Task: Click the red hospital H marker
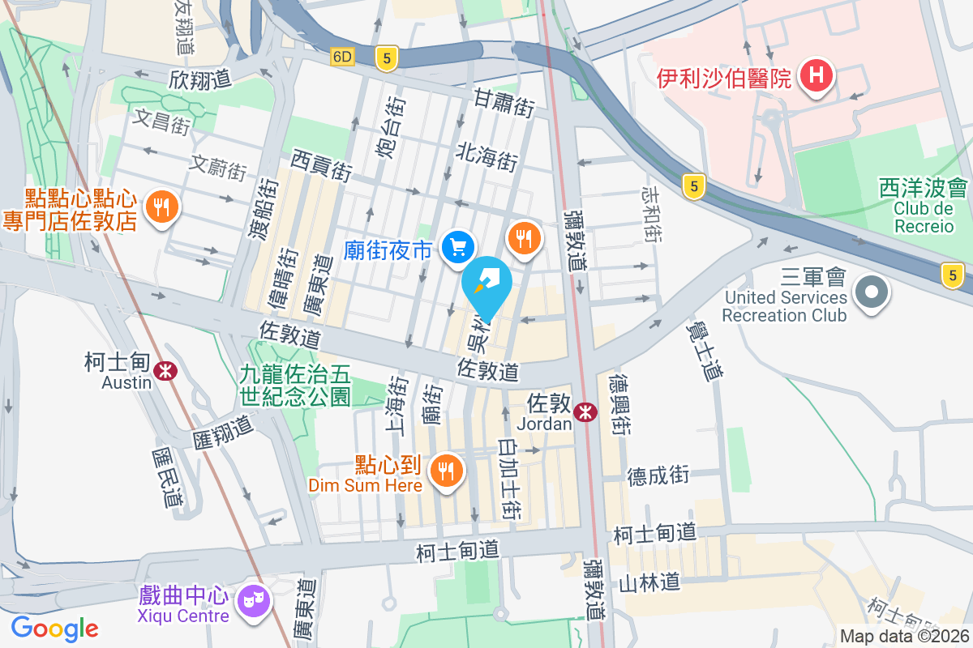click(x=817, y=77)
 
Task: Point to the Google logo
click(x=54, y=628)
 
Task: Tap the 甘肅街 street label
click(x=504, y=103)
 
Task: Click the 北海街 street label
click(x=486, y=156)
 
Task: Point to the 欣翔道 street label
click(x=200, y=79)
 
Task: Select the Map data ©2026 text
click(x=904, y=637)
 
